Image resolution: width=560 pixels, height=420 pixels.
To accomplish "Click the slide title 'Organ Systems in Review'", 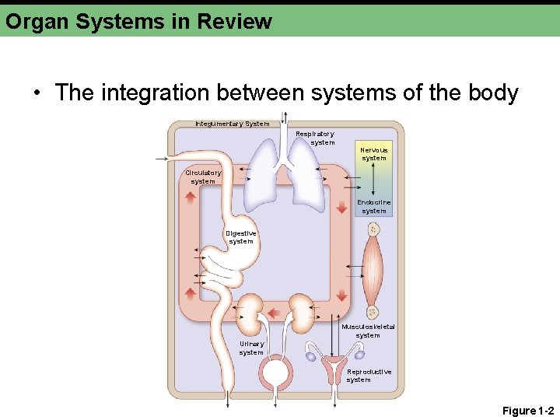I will point(138,20).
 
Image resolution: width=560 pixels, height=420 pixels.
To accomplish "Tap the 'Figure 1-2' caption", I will point(528,411).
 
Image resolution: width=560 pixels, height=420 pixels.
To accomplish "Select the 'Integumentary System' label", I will point(232,124).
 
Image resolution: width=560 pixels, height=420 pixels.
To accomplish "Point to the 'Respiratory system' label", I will point(315,138).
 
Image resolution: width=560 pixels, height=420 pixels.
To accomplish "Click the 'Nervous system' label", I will point(374,153).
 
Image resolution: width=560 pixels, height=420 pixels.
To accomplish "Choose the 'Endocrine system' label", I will point(374,206).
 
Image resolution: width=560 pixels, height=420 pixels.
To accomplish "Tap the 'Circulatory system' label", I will point(203,177).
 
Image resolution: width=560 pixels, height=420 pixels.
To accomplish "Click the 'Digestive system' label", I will point(240,236).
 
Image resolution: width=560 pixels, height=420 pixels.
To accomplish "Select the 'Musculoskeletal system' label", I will point(368,331).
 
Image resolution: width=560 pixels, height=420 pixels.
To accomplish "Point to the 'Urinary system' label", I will point(251,348).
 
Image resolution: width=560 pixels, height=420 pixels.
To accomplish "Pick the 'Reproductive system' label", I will point(369,376).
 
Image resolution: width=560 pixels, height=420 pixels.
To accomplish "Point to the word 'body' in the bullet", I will point(494,93).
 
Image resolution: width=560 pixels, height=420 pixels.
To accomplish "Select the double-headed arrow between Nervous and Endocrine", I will point(374,180).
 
